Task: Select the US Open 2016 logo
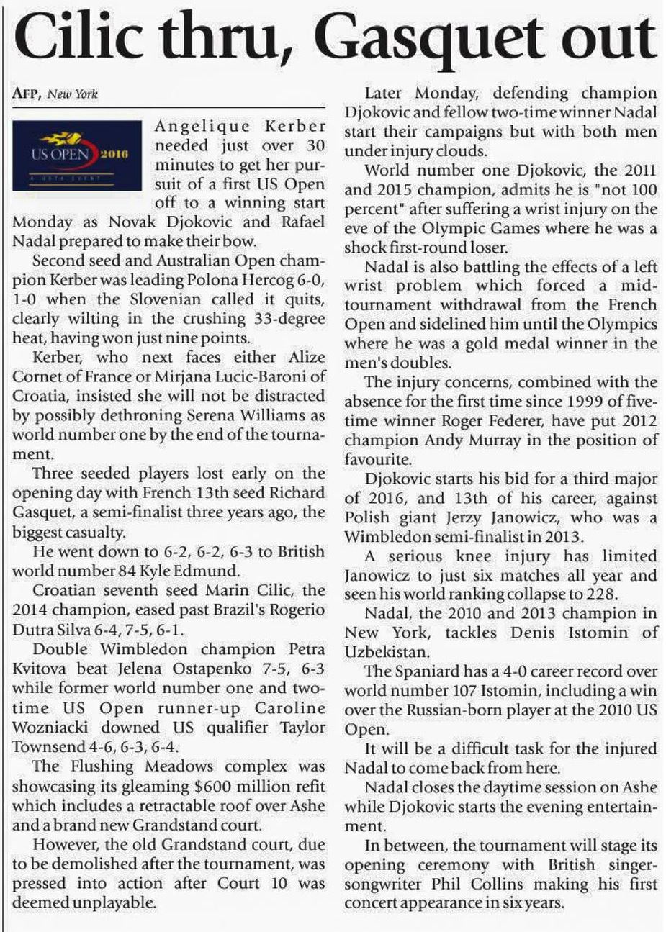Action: (x=77, y=155)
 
